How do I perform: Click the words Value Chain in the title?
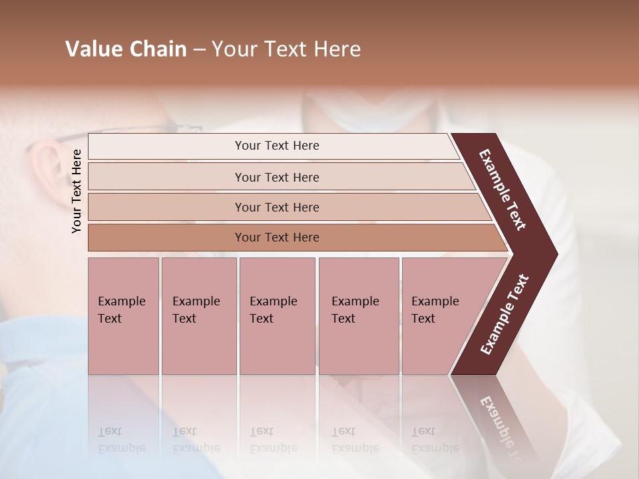click(x=126, y=49)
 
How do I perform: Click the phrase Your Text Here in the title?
click(x=286, y=49)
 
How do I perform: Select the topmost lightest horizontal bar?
click(x=276, y=146)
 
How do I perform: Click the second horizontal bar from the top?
click(x=276, y=177)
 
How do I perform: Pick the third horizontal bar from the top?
click(x=276, y=207)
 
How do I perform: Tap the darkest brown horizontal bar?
click(x=276, y=238)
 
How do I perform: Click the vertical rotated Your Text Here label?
click(x=77, y=191)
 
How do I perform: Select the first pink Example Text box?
click(x=123, y=316)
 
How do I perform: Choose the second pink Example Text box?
click(x=198, y=316)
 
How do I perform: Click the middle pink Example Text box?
click(x=277, y=316)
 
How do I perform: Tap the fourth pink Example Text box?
click(x=358, y=316)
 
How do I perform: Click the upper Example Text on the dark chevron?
click(x=503, y=190)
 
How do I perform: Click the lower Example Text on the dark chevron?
click(x=505, y=314)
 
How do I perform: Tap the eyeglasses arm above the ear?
click(x=133, y=130)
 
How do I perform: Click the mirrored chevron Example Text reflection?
click(x=499, y=426)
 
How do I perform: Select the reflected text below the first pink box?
click(x=122, y=439)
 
